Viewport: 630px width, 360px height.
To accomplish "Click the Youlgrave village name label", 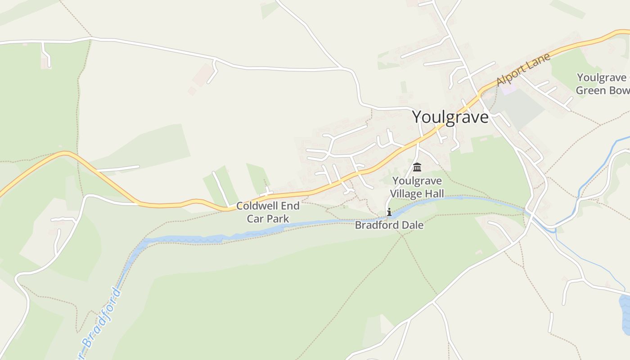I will [x=450, y=117].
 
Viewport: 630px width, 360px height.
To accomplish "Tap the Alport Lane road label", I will [x=523, y=70].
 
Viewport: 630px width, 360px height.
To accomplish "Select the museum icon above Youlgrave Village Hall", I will [x=417, y=167].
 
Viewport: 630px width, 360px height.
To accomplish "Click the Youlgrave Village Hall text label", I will [x=417, y=187].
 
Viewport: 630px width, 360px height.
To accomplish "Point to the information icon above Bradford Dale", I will [x=389, y=212].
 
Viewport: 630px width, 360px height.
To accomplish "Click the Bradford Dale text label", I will [x=389, y=225].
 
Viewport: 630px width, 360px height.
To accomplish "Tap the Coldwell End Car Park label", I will [x=268, y=212].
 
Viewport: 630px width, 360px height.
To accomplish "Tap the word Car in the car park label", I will [x=256, y=219].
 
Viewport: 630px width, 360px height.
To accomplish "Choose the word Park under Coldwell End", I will [x=279, y=219].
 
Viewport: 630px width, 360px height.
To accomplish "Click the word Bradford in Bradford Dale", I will [x=377, y=225].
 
